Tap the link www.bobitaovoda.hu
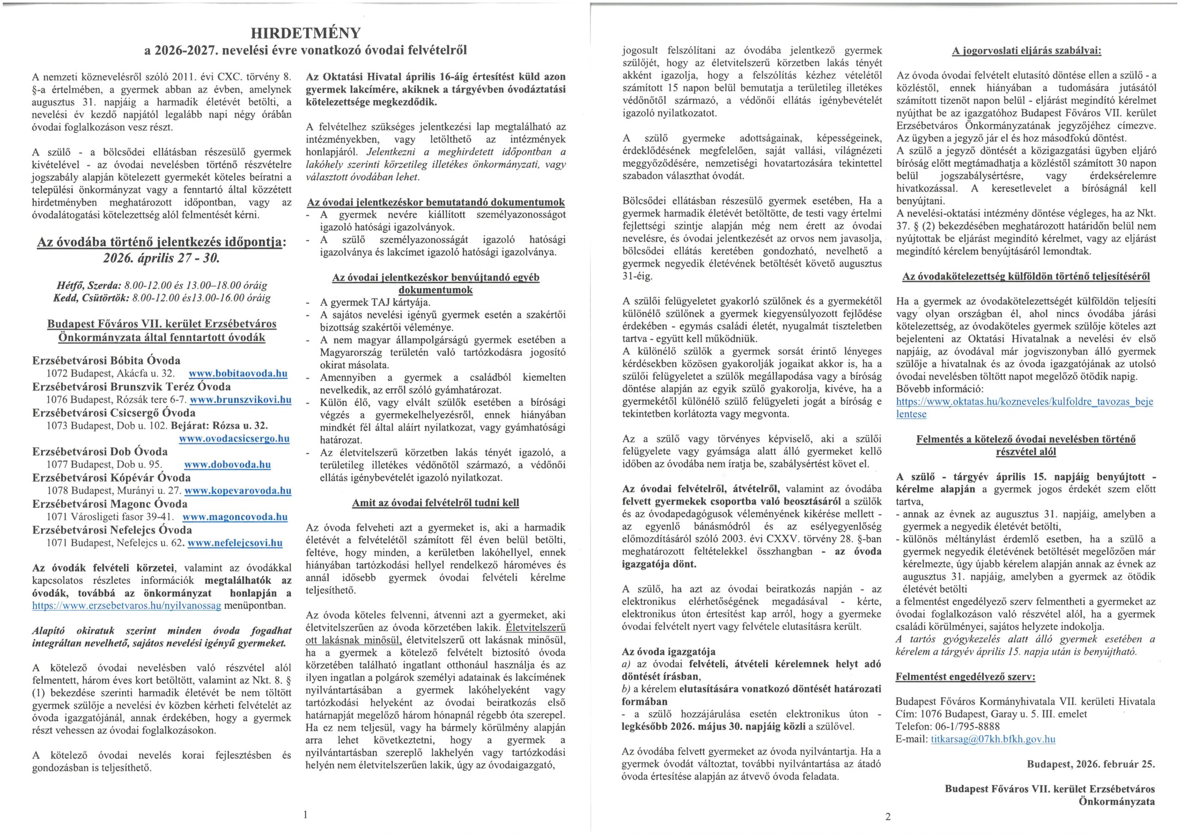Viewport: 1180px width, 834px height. pyautogui.click(x=238, y=374)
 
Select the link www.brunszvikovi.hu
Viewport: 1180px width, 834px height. pyautogui.click(x=241, y=400)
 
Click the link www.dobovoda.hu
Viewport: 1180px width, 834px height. pyautogui.click(x=227, y=464)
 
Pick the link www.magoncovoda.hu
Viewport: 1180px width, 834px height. pyautogui.click(x=235, y=517)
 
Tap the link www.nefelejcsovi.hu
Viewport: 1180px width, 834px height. pyautogui.click(x=235, y=543)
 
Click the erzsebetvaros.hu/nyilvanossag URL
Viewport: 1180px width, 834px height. pyautogui.click(x=126, y=605)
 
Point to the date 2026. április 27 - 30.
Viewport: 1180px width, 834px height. pyautogui.click(x=161, y=258)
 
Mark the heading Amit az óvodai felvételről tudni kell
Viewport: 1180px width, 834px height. pyautogui.click(x=435, y=503)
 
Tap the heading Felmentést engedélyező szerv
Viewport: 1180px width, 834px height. pyautogui.click(x=965, y=677)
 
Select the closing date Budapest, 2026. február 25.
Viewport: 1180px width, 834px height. pyautogui.click(x=1091, y=764)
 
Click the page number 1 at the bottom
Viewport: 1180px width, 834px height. pyautogui.click(x=305, y=814)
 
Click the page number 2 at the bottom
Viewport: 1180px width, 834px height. pyautogui.click(x=888, y=816)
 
